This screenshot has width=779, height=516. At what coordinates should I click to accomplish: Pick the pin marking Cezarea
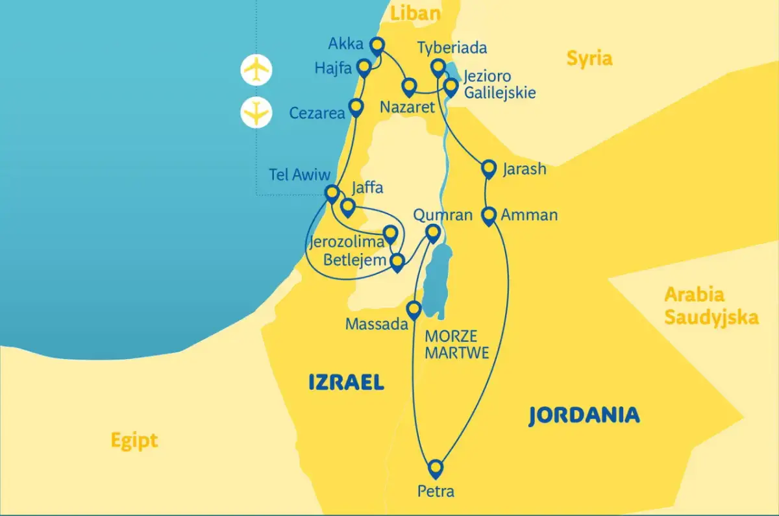[356, 106]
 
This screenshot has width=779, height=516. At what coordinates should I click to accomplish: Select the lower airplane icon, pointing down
[256, 112]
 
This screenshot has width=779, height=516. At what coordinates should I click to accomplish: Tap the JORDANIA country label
[584, 415]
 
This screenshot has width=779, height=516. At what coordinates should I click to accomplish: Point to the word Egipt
[134, 441]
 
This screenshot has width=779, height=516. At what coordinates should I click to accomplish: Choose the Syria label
[589, 58]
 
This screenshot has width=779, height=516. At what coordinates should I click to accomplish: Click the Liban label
[415, 14]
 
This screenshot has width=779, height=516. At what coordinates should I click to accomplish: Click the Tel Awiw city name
[301, 175]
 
